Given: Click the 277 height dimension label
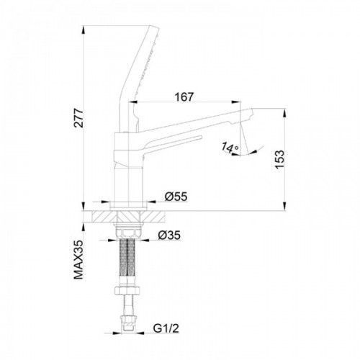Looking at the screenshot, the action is [78, 118].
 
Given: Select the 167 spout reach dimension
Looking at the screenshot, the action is [184, 97].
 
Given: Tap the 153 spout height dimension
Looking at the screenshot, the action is [279, 160].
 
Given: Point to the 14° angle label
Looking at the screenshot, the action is [230, 148].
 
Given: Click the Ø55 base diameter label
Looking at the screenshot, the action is [176, 197].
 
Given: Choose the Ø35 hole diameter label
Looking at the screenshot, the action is [169, 235].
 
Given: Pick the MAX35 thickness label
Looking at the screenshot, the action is [78, 259].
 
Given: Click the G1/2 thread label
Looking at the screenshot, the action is [166, 328].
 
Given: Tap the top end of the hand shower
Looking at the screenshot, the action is [154, 27].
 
